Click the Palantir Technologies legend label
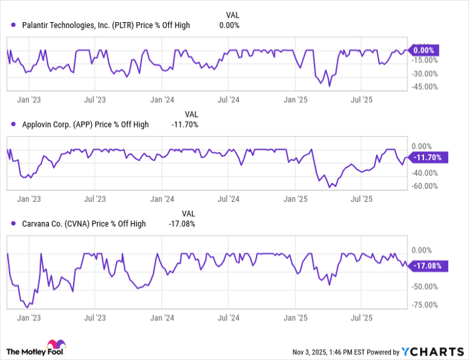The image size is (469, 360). [104, 25]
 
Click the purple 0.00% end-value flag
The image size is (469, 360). [423, 50]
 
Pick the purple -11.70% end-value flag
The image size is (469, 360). [427, 158]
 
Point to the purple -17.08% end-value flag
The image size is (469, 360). [427, 266]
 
